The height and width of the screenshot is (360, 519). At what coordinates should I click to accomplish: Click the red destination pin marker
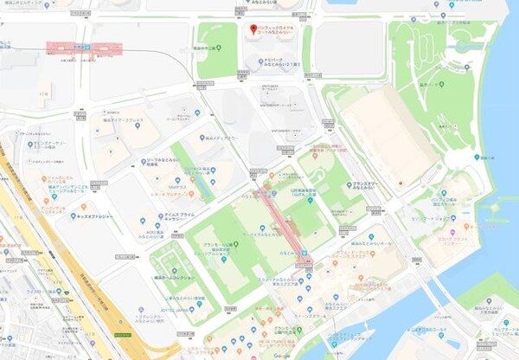[253, 30]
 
